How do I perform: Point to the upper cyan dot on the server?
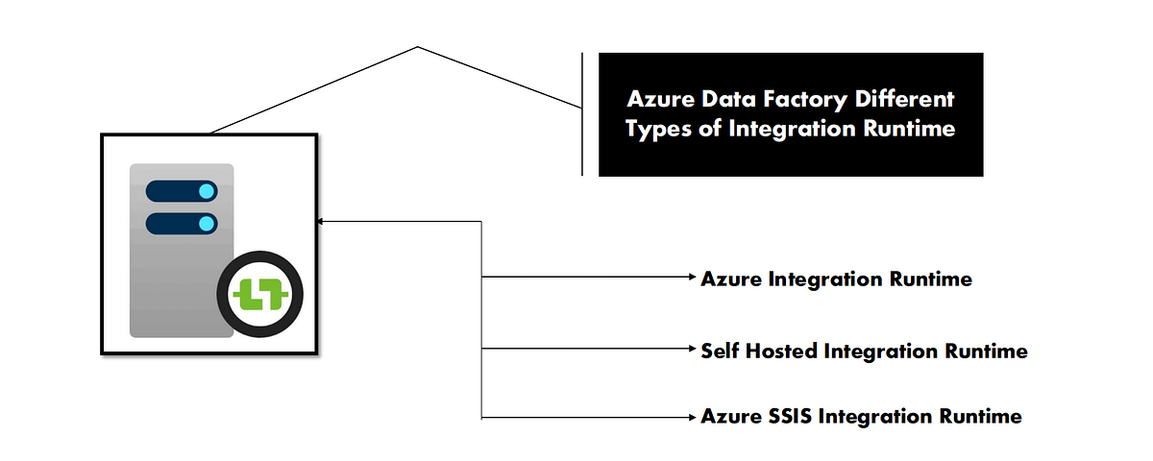205,192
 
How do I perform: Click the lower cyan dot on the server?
205,225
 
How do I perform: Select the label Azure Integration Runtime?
836,279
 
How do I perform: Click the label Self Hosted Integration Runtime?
864,351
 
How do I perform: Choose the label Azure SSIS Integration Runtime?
861,417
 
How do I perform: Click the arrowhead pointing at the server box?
322,222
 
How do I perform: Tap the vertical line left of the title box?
582,113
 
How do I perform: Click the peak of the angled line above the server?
418,46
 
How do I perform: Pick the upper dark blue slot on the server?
181,192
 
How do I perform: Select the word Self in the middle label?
719,351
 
